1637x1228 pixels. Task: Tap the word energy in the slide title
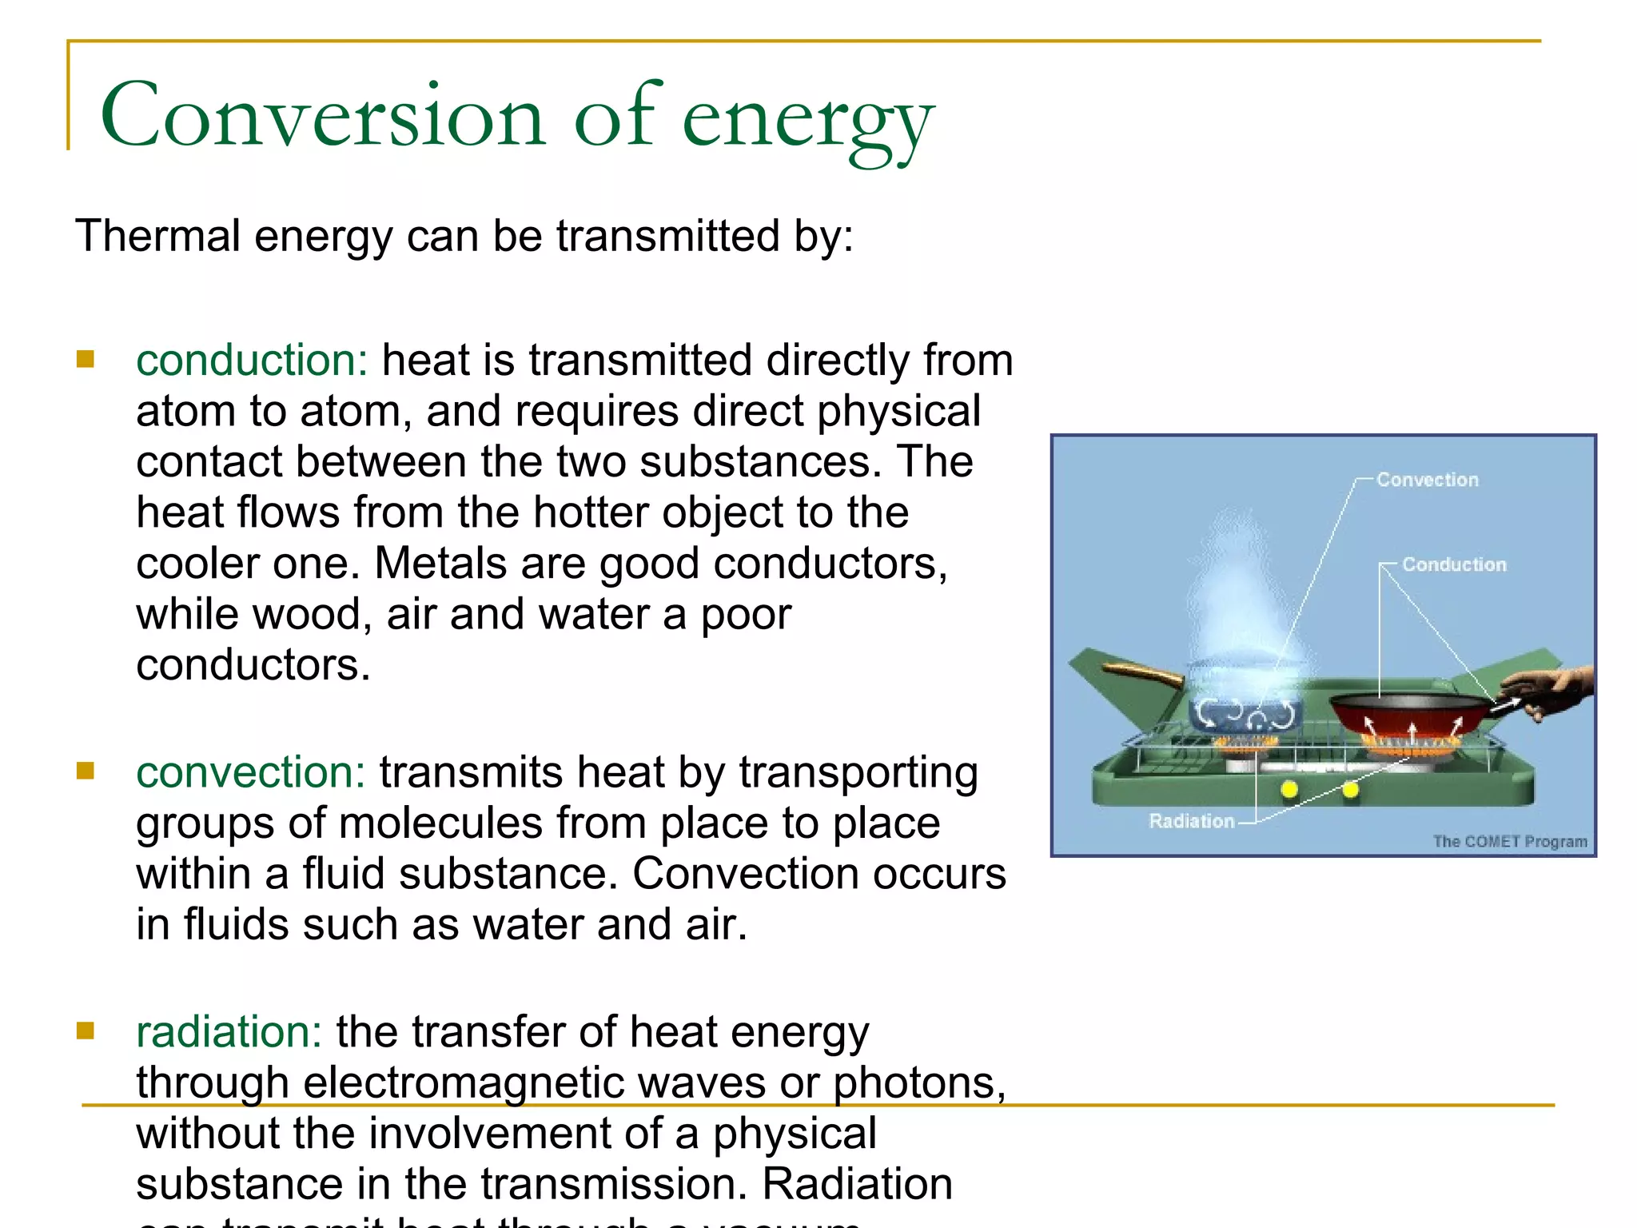(x=807, y=120)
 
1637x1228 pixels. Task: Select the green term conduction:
(x=251, y=361)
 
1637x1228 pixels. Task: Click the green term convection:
(x=250, y=773)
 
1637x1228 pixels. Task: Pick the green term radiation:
(x=229, y=1032)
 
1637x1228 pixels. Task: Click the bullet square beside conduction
(x=86, y=359)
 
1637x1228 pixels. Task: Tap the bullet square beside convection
(x=86, y=771)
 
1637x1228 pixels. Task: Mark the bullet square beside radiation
(x=86, y=1031)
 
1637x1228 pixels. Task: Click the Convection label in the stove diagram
(x=1427, y=480)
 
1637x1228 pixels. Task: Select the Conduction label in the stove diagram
(x=1454, y=564)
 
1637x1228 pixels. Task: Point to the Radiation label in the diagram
(x=1191, y=821)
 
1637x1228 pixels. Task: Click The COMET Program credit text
(x=1509, y=841)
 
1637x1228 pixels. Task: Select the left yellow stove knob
(x=1288, y=790)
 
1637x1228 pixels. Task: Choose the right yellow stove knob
(x=1350, y=790)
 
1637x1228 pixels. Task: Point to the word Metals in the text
(x=440, y=564)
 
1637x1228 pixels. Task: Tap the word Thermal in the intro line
(x=157, y=237)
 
